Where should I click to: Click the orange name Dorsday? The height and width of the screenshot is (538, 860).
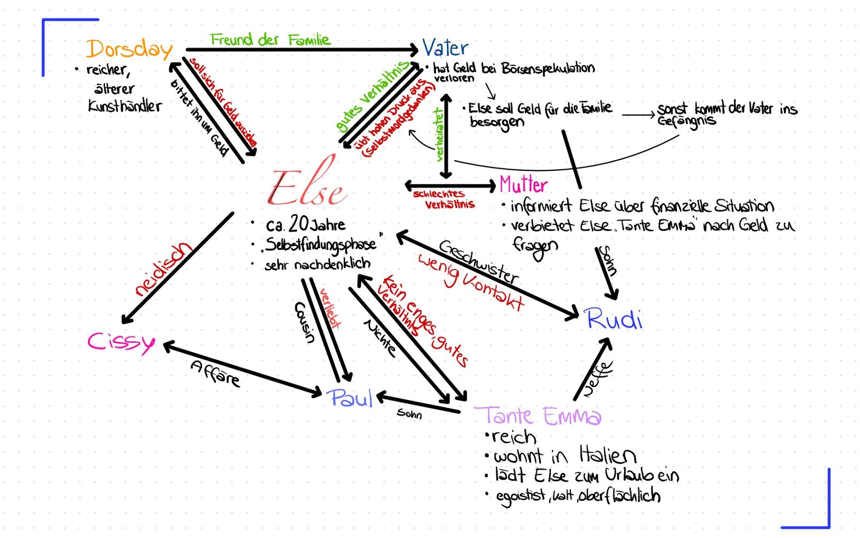[129, 49]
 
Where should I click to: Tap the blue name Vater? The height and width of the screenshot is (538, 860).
[445, 48]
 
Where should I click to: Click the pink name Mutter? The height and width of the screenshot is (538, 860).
[524, 185]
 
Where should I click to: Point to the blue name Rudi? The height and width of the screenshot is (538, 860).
[614, 319]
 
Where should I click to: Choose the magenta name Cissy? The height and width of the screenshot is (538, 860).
[121, 342]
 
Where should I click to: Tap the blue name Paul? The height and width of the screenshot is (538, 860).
[350, 398]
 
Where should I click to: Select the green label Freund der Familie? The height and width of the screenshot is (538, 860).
[270, 39]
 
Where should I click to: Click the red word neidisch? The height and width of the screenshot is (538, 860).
[163, 269]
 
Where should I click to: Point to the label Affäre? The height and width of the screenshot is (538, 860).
[215, 374]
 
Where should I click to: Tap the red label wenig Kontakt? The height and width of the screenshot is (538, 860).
[471, 281]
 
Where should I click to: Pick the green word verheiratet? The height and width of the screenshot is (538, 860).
[439, 135]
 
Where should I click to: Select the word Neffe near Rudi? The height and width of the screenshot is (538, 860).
[597, 379]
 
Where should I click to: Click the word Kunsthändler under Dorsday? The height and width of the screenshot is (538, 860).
[125, 106]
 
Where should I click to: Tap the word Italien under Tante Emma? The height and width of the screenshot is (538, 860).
[608, 455]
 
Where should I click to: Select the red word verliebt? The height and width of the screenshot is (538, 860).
[329, 308]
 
